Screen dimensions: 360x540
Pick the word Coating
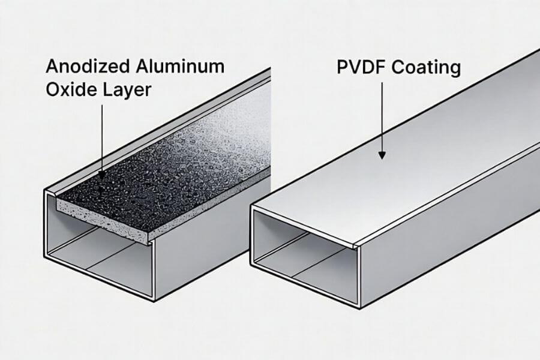point(427,67)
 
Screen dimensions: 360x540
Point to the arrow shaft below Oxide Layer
point(102,138)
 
